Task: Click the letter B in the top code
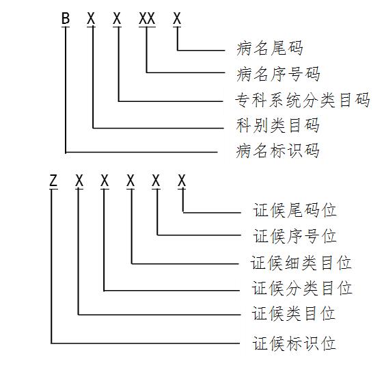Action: tap(66, 18)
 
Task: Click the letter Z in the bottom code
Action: tap(53, 181)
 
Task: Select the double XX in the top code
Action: tap(147, 18)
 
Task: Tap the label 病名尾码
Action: tap(270, 48)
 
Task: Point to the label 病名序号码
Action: tap(278, 74)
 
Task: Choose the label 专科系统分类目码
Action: tap(303, 100)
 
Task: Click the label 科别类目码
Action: tap(278, 125)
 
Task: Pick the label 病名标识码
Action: tap(278, 151)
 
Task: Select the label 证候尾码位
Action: tap(294, 210)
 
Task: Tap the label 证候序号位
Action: tap(294, 236)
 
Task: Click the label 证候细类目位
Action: tap(301, 263)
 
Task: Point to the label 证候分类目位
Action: tap(302, 288)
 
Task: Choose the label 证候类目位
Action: tap(293, 313)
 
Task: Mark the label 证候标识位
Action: tap(294, 343)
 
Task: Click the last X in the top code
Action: tap(177, 18)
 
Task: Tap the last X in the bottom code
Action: tap(182, 181)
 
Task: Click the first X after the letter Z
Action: tap(79, 181)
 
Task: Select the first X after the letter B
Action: tap(91, 18)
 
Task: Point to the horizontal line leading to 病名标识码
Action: tap(141, 153)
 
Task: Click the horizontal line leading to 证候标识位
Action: tap(146, 343)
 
